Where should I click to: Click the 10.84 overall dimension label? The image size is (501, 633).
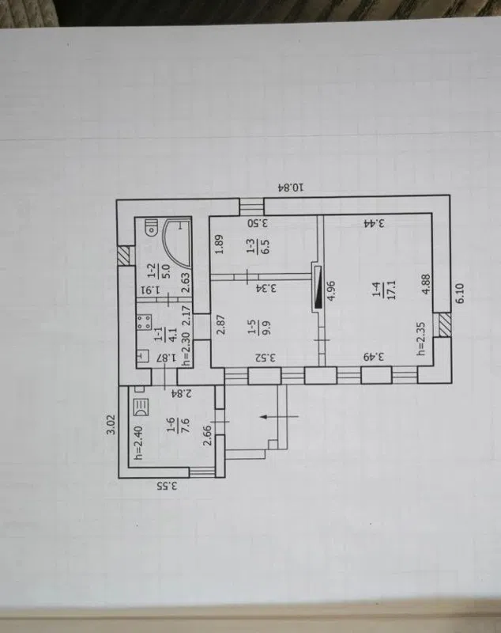click(x=291, y=188)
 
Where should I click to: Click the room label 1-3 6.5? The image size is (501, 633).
click(x=259, y=247)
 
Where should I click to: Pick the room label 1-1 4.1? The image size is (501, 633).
click(x=166, y=335)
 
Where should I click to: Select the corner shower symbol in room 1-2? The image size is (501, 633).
click(x=175, y=243)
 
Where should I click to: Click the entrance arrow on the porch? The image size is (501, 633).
click(x=280, y=416)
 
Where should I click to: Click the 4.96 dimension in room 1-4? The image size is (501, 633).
click(x=331, y=292)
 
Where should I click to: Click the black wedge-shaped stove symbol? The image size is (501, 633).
click(x=318, y=287)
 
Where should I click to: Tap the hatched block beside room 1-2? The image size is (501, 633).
click(x=126, y=256)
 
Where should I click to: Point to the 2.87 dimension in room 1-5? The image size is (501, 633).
click(x=220, y=327)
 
